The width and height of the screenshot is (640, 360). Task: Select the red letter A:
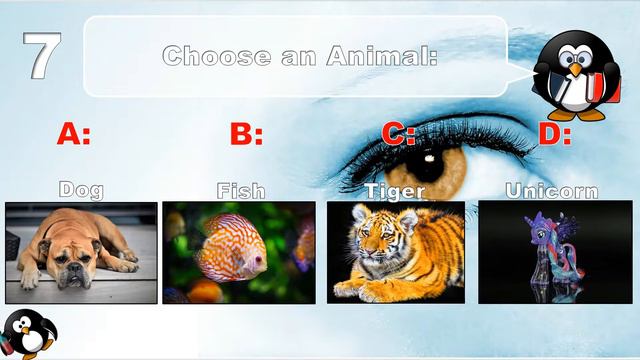point(73,133)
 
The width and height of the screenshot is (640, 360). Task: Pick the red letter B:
point(246,133)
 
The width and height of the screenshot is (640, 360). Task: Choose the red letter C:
point(398,133)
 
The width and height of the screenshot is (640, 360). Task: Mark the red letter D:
point(555,133)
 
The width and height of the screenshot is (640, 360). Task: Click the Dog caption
point(81,190)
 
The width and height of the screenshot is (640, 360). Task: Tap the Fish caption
point(240,190)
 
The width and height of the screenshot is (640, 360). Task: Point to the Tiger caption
point(395,190)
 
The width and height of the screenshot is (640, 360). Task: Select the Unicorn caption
point(552,190)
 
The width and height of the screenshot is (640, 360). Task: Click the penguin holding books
point(573,74)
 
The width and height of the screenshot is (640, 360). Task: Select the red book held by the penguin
point(597,88)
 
